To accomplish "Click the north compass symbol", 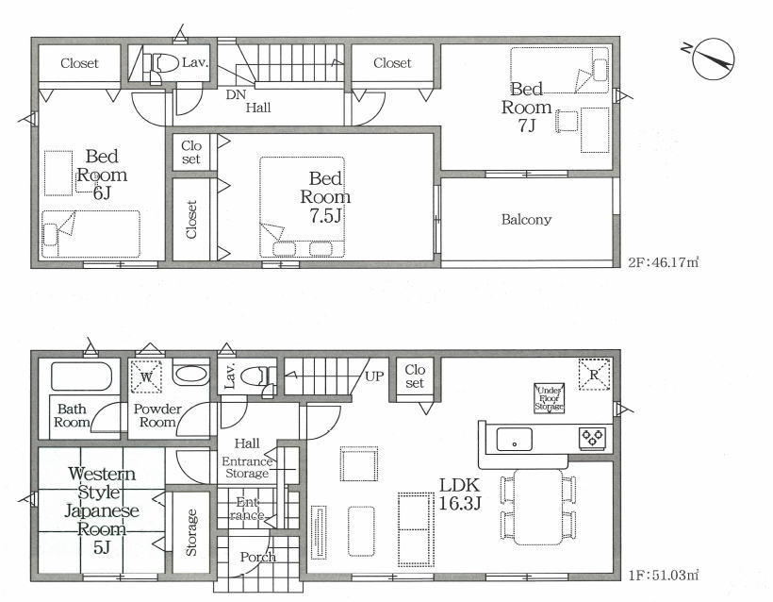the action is click(x=713, y=59).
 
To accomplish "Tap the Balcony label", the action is click(x=526, y=220).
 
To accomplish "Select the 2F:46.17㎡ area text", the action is click(x=664, y=262).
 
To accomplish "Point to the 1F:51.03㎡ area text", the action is click(x=664, y=575).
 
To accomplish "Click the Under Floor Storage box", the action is click(x=550, y=397).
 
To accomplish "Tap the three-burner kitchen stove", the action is click(x=593, y=438).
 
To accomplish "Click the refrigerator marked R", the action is click(x=594, y=374).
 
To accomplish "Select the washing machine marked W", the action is click(x=146, y=377).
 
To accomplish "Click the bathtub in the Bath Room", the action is click(x=82, y=377).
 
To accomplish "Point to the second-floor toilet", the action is click(x=160, y=64).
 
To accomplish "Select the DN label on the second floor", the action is click(x=236, y=94).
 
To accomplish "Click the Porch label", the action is click(x=258, y=557).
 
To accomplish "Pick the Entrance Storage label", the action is click(x=247, y=468).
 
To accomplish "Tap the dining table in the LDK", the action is click(x=538, y=507).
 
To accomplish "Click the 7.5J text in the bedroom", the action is click(x=325, y=216).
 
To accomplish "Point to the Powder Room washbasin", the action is click(x=190, y=375).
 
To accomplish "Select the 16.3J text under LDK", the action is click(x=459, y=503).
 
